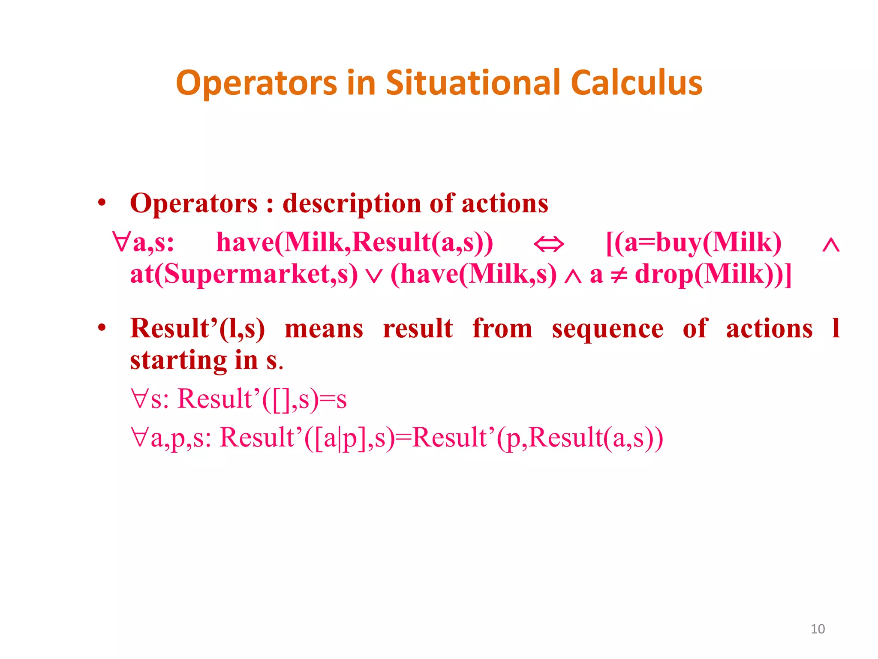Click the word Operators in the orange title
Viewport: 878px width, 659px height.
click(x=256, y=83)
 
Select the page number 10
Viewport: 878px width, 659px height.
click(x=818, y=629)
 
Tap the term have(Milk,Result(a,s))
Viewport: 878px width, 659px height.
click(x=354, y=243)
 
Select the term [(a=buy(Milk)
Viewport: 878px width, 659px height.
click(x=694, y=243)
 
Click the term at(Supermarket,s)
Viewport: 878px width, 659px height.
click(x=244, y=275)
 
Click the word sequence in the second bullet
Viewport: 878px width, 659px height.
click(x=607, y=329)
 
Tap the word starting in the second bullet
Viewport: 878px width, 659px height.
click(x=178, y=360)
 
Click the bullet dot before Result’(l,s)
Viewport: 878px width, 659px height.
click(x=102, y=328)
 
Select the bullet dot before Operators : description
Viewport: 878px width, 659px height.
click(x=102, y=203)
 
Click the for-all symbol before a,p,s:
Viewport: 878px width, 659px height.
click(x=140, y=438)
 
